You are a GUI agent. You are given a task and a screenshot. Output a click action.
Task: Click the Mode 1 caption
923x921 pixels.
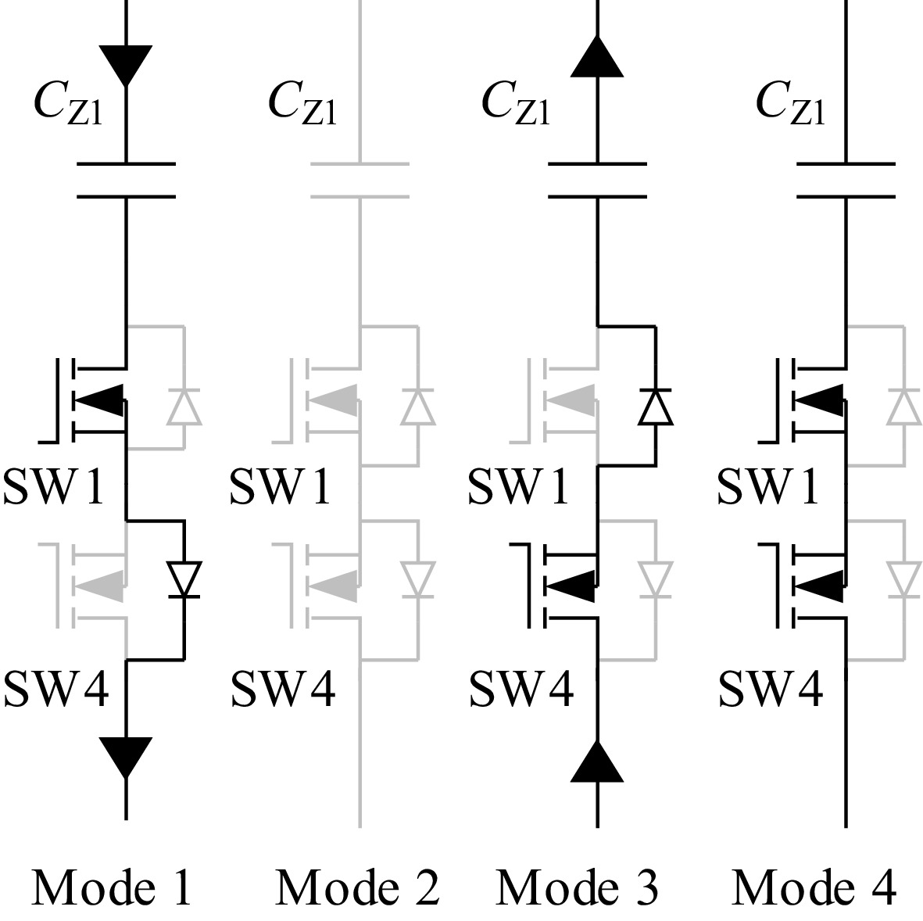111,888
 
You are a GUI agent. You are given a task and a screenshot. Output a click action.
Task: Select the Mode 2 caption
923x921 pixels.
357,888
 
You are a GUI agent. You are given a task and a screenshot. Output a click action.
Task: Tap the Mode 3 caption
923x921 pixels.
577,888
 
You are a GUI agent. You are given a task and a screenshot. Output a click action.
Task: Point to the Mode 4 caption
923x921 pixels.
814,888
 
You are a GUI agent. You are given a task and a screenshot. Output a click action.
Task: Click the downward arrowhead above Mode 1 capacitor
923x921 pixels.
126,65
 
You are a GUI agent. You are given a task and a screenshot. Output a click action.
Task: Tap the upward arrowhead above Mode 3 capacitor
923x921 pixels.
597,57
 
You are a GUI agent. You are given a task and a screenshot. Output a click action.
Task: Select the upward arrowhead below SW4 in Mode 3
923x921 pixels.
597,762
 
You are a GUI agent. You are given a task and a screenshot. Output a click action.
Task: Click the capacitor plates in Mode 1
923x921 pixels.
126,181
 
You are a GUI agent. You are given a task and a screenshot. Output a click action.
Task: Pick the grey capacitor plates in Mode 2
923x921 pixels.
360,181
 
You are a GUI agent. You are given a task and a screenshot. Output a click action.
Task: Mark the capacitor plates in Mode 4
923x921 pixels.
846,181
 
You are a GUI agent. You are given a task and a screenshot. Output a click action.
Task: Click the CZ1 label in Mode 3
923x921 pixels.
516,103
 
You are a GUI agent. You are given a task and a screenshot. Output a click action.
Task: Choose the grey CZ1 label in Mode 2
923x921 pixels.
302,103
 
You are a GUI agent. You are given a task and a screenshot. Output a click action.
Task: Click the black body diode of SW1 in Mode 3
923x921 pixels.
655,406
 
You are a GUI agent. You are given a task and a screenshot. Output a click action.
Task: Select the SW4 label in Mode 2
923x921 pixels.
283,689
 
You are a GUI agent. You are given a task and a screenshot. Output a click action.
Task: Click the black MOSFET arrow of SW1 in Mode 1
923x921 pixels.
99,402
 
